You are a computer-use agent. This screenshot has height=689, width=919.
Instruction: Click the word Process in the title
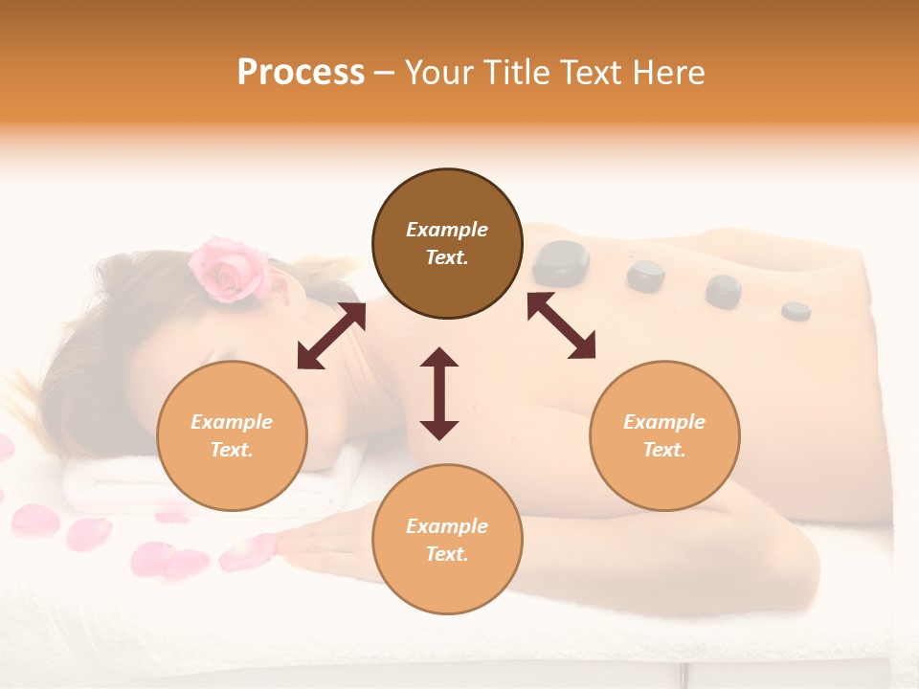point(301,73)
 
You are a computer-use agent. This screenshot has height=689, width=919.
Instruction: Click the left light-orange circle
point(232,435)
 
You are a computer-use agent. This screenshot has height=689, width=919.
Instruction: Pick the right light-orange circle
point(664,435)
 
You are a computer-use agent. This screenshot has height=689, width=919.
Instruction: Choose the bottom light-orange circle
point(447,540)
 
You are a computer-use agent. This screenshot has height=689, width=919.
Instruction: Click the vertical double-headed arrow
point(439,393)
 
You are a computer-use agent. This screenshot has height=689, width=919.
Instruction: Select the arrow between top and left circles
point(331,336)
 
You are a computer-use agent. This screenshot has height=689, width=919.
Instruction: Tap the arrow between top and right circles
point(561,325)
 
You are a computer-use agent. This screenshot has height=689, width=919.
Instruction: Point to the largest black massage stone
point(560,263)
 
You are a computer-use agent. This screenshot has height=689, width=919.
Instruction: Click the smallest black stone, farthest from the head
point(796,310)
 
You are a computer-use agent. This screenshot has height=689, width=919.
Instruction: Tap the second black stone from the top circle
point(646,276)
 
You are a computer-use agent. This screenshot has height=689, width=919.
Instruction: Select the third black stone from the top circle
point(723,291)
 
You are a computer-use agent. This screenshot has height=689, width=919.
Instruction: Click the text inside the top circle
point(447,243)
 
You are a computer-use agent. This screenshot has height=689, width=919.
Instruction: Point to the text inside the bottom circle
point(447,540)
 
